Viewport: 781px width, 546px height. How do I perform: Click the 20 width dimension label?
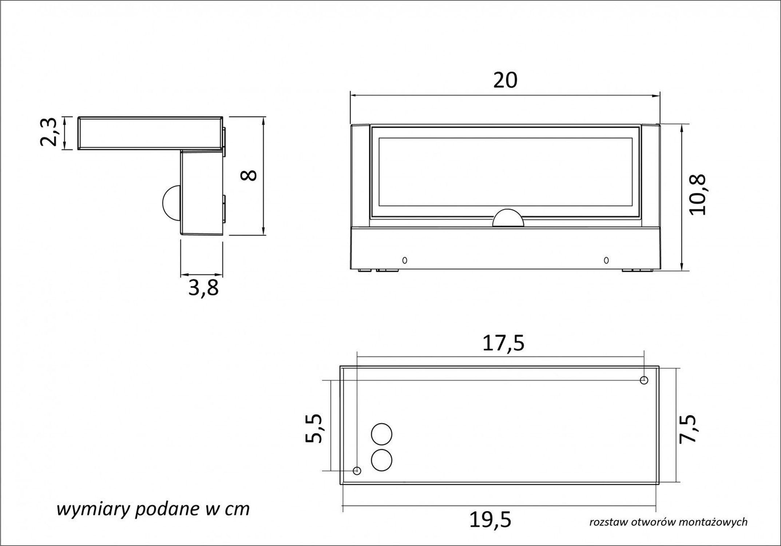coord(505,80)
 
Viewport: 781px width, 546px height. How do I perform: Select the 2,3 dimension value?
coord(48,132)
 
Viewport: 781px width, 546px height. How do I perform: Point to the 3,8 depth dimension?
coord(203,288)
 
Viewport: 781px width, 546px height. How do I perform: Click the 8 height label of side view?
coord(249,175)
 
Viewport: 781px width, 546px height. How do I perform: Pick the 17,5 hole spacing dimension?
coord(503,343)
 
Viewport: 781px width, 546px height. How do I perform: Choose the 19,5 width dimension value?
coord(490,520)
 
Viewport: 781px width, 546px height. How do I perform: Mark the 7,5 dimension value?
coord(688,428)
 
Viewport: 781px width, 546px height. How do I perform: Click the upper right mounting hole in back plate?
coord(644,380)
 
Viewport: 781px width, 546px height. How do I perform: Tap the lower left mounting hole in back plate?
coord(357,471)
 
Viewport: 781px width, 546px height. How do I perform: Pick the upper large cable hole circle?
coord(381,434)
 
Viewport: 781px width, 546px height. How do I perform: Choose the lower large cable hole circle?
coord(381,460)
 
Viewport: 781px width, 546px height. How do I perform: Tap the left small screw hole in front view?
coord(404,260)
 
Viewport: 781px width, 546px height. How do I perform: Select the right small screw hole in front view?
coord(606,260)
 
